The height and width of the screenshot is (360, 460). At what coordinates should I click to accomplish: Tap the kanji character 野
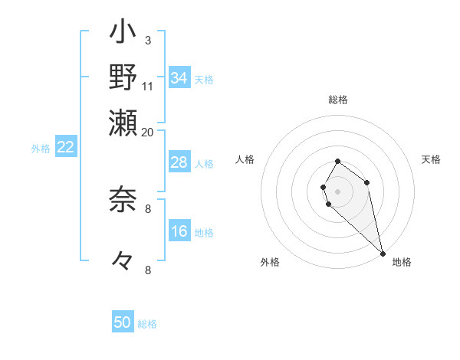[x=123, y=77]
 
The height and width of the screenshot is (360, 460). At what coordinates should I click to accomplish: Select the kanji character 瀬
[x=123, y=121]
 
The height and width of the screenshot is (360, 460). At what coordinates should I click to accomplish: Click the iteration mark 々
[x=123, y=261]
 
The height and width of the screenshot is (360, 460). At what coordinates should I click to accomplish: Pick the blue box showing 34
[x=179, y=79]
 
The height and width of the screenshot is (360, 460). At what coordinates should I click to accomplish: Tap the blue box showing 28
[x=179, y=162]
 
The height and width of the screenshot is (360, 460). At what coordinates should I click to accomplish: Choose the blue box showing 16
[x=179, y=232]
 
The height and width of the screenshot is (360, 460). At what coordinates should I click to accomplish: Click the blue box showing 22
[x=65, y=148]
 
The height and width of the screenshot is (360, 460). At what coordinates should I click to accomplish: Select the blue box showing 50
[x=123, y=322]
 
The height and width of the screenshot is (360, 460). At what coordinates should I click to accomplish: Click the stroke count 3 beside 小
[x=147, y=40]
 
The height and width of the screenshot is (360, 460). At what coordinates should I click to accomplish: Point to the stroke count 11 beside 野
[x=148, y=85]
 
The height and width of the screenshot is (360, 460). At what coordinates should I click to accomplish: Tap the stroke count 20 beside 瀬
[x=148, y=131]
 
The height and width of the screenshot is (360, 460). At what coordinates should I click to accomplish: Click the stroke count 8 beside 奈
[x=148, y=208]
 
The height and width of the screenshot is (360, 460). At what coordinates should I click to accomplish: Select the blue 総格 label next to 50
[x=147, y=324]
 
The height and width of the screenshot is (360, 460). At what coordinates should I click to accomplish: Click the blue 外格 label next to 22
[x=41, y=149]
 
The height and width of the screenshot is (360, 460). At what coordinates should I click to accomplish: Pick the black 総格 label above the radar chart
[x=338, y=100]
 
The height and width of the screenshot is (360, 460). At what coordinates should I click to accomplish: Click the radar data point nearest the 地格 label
[x=383, y=253]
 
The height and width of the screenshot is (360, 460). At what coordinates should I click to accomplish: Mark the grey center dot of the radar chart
[x=337, y=191]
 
